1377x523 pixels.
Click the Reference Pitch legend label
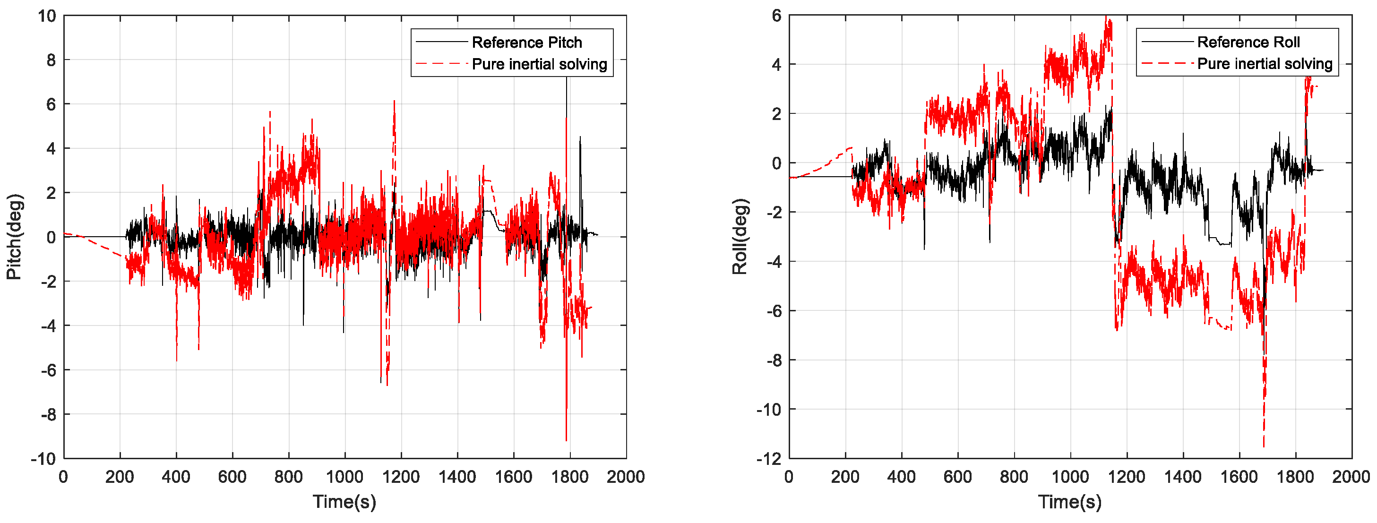(526, 42)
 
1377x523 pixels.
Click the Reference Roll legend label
(1248, 42)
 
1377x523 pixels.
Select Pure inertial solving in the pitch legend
(539, 64)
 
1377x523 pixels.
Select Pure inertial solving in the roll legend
(1264, 64)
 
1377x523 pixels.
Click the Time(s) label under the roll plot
(1070, 502)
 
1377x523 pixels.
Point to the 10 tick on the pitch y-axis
(47, 16)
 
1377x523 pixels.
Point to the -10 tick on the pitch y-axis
(43, 458)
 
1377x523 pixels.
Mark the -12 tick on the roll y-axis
(769, 458)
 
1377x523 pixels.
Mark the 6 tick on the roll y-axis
(776, 16)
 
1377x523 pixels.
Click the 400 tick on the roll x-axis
(901, 477)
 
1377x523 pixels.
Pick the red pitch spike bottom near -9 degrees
(566, 440)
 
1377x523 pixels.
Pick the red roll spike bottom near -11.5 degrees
(1264, 446)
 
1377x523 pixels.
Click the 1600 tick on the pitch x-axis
(513, 477)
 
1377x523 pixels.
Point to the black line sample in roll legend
(1166, 42)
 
